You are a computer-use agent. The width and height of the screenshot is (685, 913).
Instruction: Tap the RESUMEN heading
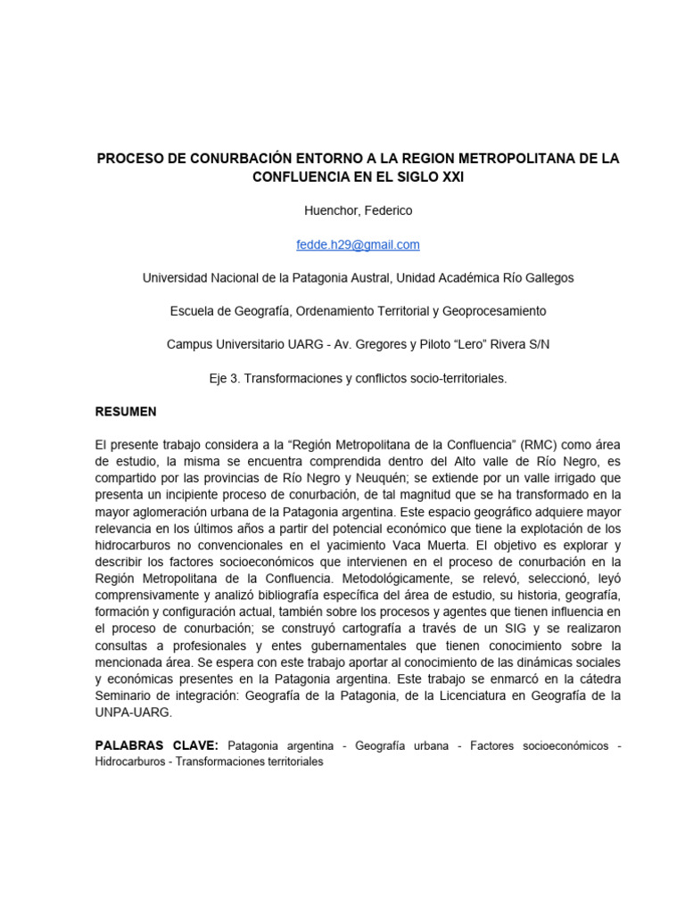[126, 411]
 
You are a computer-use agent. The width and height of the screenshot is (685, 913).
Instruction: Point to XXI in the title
[448, 177]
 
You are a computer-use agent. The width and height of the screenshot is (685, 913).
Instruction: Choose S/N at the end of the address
[535, 344]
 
